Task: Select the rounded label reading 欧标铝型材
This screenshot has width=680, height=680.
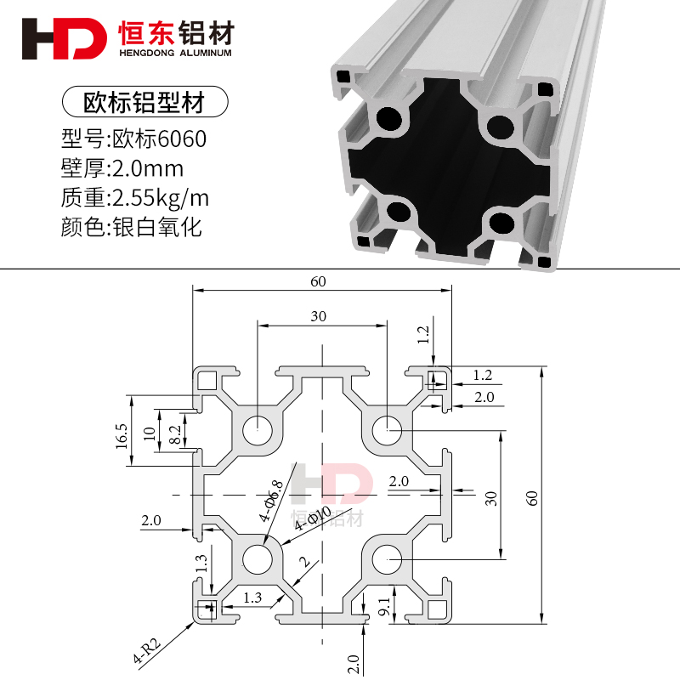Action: [x=145, y=102]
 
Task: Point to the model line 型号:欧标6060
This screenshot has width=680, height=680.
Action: [x=134, y=139]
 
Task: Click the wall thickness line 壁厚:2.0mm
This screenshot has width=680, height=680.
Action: [x=122, y=168]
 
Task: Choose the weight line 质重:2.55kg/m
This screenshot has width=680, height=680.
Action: [x=135, y=198]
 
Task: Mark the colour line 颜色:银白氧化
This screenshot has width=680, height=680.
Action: [x=132, y=228]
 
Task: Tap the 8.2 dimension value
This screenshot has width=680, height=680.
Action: [x=175, y=435]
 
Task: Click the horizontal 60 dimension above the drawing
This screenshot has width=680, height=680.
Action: [x=319, y=281]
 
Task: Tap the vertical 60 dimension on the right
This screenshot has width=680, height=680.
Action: [x=532, y=497]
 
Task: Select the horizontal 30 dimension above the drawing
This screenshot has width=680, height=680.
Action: [x=319, y=316]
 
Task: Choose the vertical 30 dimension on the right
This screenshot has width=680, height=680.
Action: [x=490, y=498]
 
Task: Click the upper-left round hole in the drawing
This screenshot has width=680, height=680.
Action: [x=256, y=430]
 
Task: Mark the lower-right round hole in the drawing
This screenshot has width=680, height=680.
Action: [x=388, y=559]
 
